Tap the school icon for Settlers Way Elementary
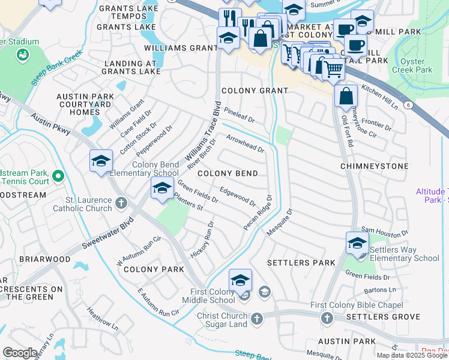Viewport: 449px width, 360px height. click(x=357, y=244)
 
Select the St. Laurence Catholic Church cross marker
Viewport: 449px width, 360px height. click(x=122, y=202)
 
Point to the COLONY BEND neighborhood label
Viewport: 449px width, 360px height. click(x=228, y=173)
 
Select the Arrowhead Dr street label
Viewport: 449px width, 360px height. click(x=246, y=143)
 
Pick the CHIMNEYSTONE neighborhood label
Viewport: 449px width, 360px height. click(x=374, y=166)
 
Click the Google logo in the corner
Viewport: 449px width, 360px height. click(x=20, y=353)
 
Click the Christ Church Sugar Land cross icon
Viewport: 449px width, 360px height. click(x=257, y=319)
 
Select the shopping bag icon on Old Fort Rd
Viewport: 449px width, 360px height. click(x=346, y=95)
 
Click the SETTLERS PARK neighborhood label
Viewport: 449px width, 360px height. click(x=301, y=263)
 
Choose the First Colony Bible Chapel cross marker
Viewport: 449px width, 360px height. click(x=327, y=318)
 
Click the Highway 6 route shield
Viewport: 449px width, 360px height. click(x=408, y=104)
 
